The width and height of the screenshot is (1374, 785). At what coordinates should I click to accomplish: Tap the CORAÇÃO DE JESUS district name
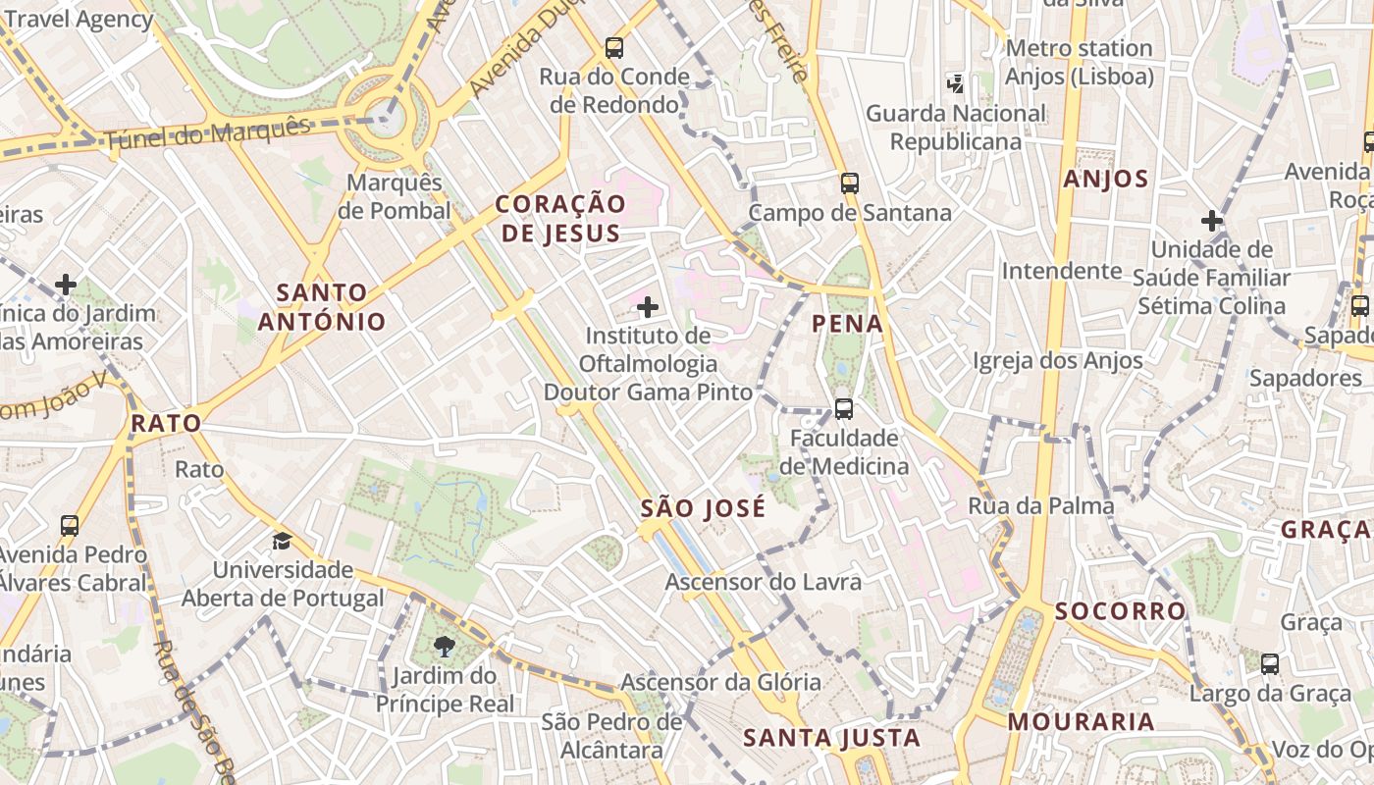click(559, 218)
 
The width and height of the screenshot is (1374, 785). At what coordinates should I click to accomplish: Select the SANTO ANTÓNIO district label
click(321, 306)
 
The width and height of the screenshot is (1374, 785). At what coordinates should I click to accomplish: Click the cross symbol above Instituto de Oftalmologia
click(648, 308)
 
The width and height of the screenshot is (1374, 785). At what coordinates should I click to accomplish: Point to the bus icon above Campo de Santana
click(850, 183)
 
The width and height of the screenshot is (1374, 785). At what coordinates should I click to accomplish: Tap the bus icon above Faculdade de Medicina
click(843, 408)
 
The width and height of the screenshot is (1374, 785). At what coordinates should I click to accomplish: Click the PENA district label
click(848, 324)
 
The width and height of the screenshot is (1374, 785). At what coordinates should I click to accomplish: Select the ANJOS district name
click(1105, 179)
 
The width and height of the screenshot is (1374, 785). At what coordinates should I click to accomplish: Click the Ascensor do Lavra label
click(763, 582)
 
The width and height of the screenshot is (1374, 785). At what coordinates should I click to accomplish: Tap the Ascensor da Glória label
click(720, 682)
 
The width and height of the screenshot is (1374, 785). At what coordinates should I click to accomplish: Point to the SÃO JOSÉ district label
click(702, 508)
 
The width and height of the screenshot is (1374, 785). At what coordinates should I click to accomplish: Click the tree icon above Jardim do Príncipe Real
click(444, 646)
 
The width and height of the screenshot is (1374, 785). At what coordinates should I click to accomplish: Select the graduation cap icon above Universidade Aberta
click(283, 541)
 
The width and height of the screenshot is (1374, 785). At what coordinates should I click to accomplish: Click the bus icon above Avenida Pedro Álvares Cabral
click(69, 525)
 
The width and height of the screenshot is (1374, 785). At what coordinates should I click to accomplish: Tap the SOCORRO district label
click(1120, 611)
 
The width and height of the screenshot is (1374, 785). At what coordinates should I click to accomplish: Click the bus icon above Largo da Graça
click(1269, 664)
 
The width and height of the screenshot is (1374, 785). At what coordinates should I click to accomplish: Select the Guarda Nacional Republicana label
click(955, 128)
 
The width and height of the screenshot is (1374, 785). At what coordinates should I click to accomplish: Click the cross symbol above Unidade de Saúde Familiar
click(1212, 221)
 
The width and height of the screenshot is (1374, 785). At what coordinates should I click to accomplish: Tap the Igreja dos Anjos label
click(1058, 361)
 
